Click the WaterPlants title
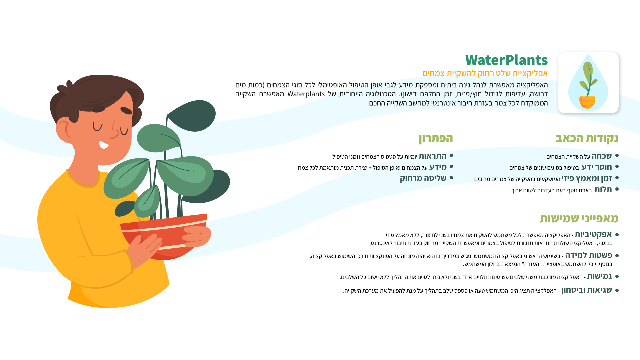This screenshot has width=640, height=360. click(x=506, y=60)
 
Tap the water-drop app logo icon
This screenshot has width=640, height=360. click(x=588, y=82)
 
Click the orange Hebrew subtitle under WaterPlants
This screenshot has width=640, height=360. click(x=485, y=73)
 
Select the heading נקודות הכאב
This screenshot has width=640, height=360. click(x=587, y=138)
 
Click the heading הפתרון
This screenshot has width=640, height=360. click(x=436, y=138)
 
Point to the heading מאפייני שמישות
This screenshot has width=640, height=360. click(x=579, y=218)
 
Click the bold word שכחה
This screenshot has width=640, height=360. click(x=602, y=156)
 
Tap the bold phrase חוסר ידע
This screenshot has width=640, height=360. click(x=597, y=167)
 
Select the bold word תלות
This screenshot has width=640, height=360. click(x=603, y=189)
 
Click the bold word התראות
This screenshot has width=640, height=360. click(x=432, y=156)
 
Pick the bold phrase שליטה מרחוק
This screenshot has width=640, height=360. click(x=423, y=178)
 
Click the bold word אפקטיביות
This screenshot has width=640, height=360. click(x=593, y=234)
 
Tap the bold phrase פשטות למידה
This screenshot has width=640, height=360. click(x=588, y=255)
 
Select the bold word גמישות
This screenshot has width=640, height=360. click(x=599, y=276)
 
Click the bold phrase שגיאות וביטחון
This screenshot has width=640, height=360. click(x=587, y=290)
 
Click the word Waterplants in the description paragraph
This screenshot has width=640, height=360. click(x=306, y=94)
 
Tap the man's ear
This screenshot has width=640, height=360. click(x=64, y=129)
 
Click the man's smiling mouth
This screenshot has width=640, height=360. click(x=104, y=144)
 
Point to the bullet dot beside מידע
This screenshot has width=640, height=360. click(x=451, y=167)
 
